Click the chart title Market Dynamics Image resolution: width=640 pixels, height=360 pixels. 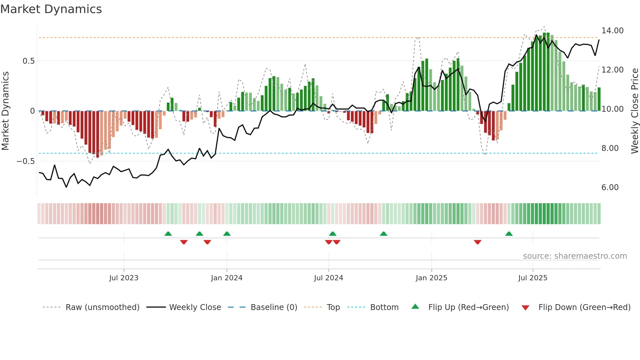tap(51, 9)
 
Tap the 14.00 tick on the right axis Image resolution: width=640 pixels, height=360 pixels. tap(612, 31)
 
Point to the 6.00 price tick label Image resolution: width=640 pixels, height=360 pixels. tap(610, 188)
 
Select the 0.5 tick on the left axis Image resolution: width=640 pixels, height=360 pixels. tap(28, 61)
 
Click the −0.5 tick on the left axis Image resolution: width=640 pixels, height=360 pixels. tap(26, 161)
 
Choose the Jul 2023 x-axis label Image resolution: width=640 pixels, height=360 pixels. tap(124, 278)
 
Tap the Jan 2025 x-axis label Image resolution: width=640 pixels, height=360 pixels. tap(431, 278)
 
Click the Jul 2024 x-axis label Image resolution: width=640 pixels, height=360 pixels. tap(328, 278)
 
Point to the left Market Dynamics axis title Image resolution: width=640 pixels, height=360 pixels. tap(5, 111)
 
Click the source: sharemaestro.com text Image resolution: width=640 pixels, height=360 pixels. tap(575, 256)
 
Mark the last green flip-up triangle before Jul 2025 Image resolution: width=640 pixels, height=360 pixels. tap(509, 234)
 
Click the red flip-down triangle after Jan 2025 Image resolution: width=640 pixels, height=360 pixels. tap(477, 242)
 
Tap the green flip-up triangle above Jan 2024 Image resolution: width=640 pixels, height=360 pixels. tap(227, 234)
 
